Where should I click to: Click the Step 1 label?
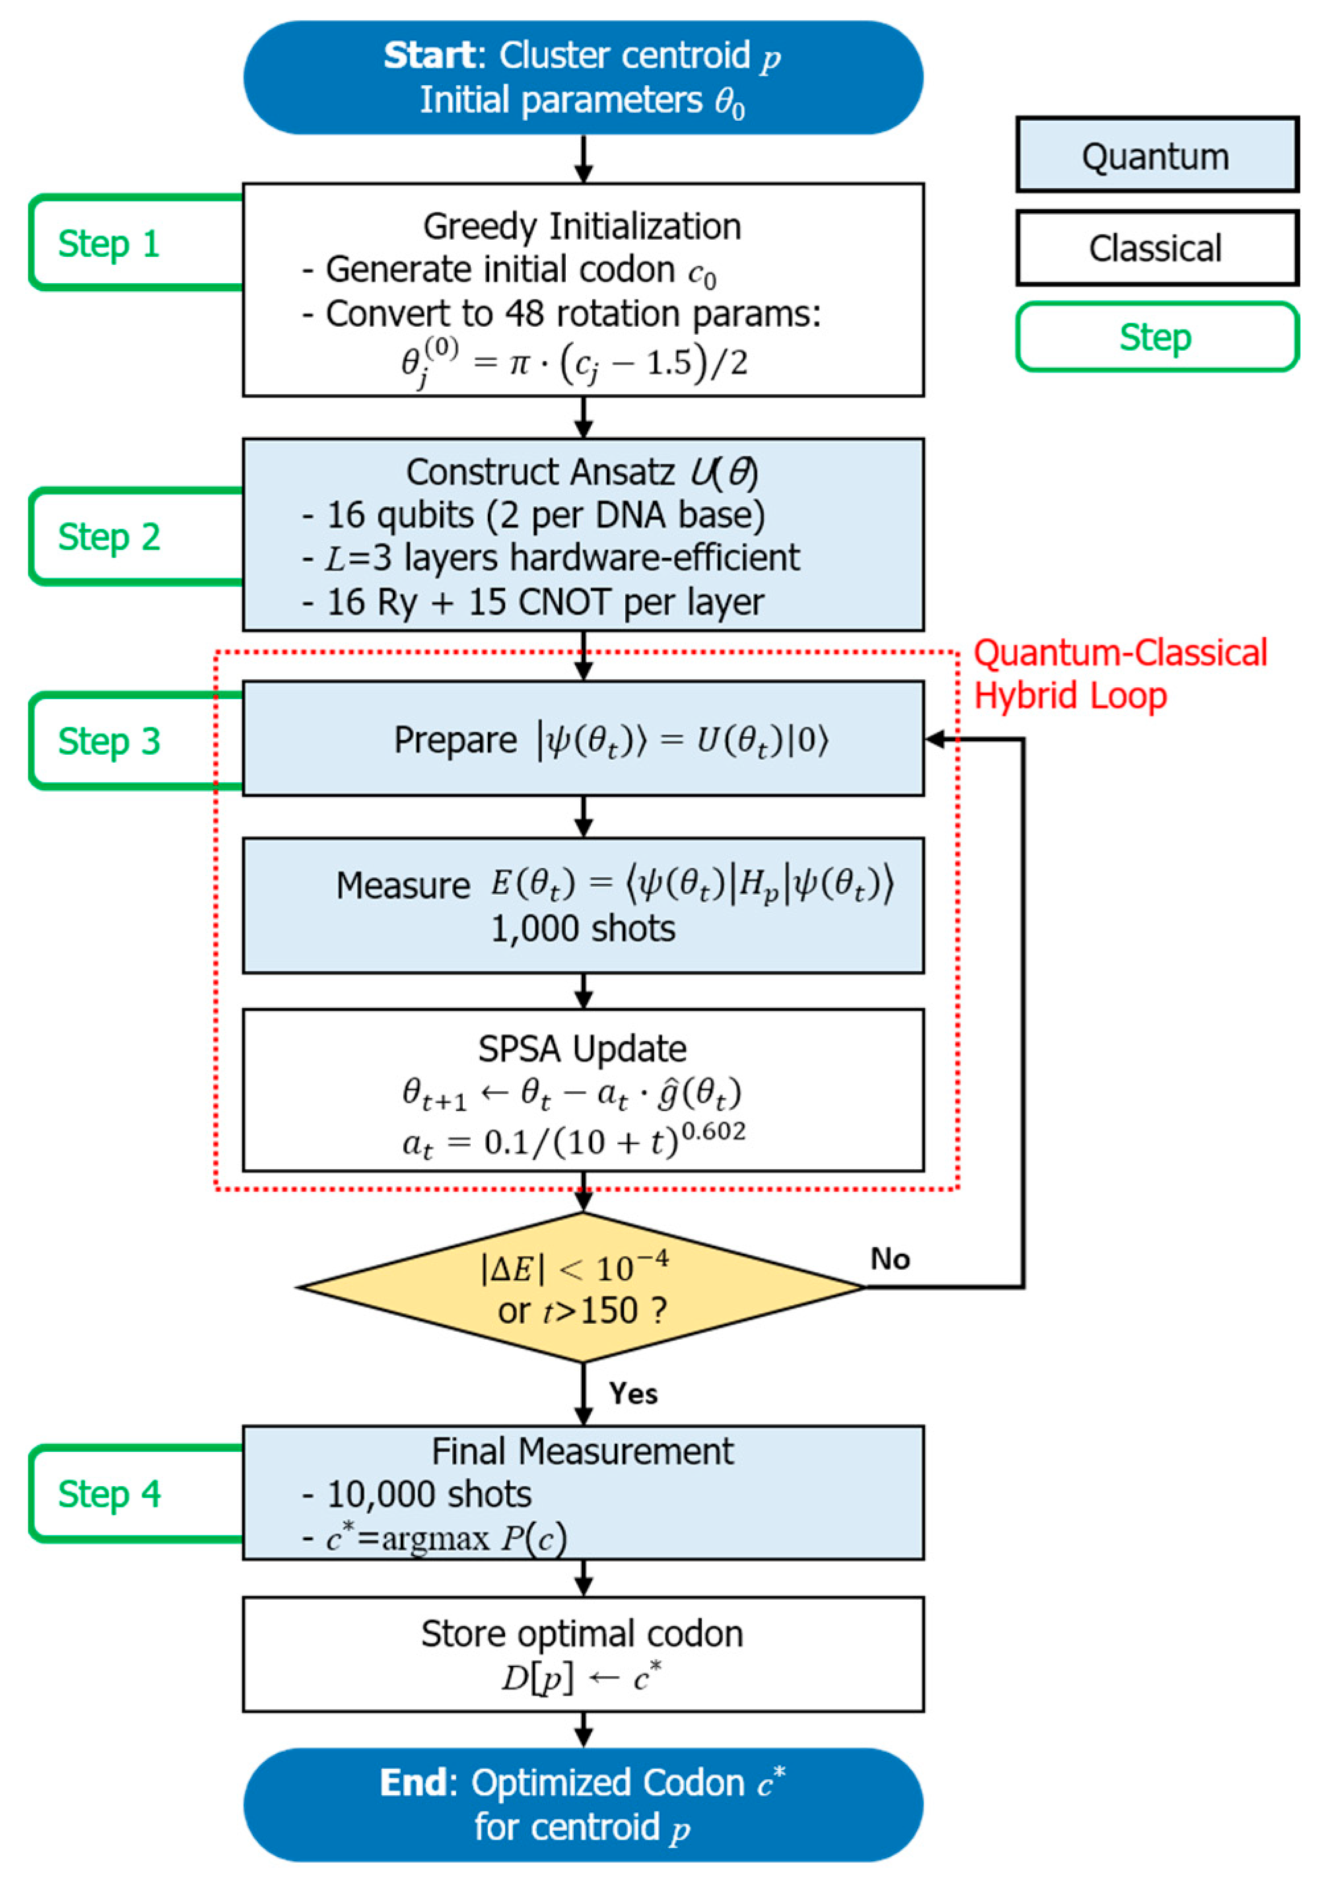(x=108, y=244)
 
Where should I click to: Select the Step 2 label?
(x=108, y=537)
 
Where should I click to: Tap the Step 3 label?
(x=108, y=741)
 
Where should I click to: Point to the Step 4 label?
(x=108, y=1493)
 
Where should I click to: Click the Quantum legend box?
(x=1157, y=155)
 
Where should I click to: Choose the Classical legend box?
(x=1157, y=248)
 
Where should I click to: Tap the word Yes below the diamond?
(x=633, y=1393)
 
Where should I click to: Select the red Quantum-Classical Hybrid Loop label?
(x=1120, y=674)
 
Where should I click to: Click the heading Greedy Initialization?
(x=582, y=226)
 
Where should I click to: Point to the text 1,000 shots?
(x=583, y=929)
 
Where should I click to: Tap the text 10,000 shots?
(x=429, y=1494)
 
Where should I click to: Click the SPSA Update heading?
(x=582, y=1049)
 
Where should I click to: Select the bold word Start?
(x=429, y=55)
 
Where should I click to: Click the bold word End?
(x=413, y=1783)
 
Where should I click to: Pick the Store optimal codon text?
(x=582, y=1633)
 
